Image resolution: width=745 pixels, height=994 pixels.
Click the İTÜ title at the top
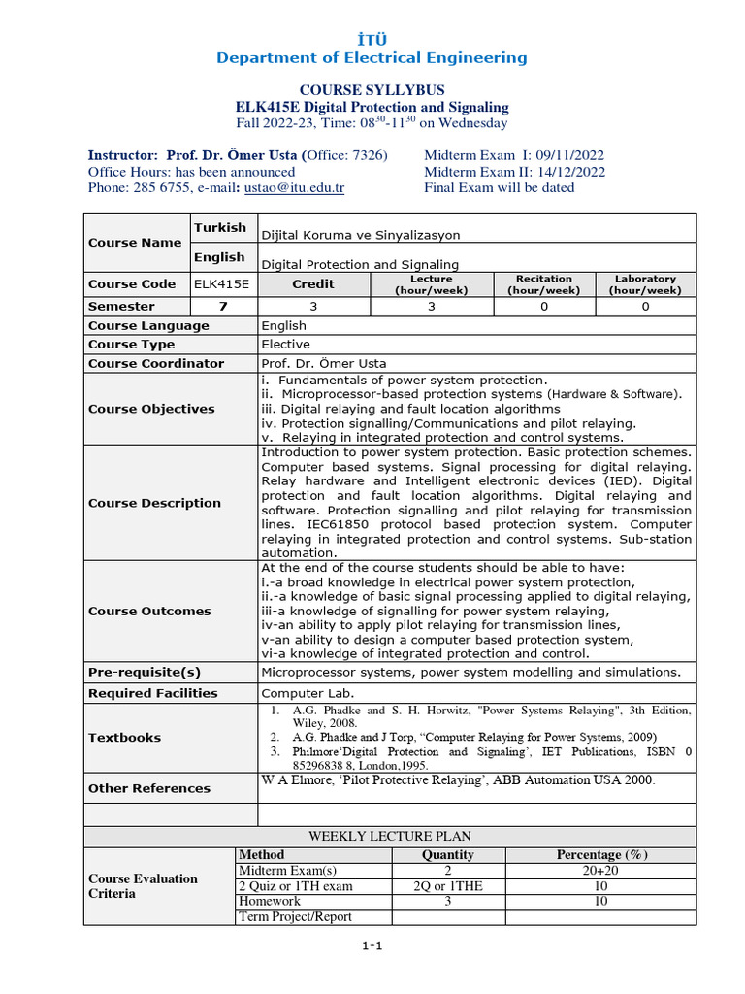(x=372, y=37)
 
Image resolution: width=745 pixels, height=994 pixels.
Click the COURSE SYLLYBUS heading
(x=372, y=89)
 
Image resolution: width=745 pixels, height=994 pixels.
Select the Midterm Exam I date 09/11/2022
(x=569, y=155)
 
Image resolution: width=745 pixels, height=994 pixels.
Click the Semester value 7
(x=223, y=306)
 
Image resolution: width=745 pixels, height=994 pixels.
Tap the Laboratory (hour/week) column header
(x=645, y=283)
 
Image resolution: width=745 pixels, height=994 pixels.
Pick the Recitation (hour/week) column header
(x=543, y=283)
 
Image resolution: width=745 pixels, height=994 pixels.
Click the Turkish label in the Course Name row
(x=221, y=228)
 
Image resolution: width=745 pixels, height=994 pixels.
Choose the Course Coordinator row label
(x=156, y=363)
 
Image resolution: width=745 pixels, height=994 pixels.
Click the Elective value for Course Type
(x=286, y=345)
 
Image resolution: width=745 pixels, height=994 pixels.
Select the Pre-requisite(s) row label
(x=145, y=672)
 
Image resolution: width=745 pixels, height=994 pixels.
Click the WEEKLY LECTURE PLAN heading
(x=389, y=836)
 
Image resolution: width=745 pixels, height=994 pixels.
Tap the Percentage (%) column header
(x=600, y=855)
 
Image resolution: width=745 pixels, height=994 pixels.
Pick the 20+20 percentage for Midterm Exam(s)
(x=600, y=871)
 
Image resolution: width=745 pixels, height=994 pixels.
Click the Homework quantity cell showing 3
(x=448, y=902)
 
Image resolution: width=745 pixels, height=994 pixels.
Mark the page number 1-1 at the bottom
(x=372, y=948)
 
